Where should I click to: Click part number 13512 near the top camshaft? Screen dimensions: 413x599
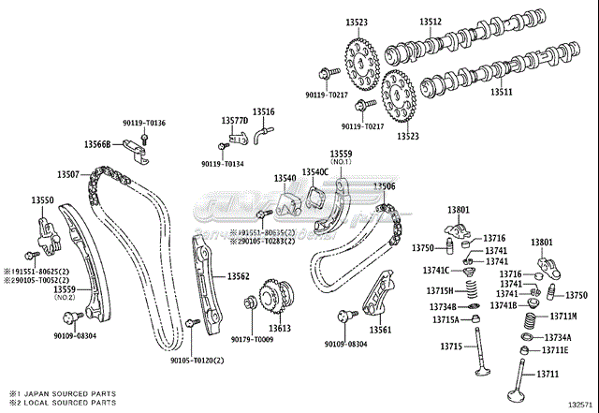(x=431, y=21)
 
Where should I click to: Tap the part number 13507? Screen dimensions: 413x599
(x=67, y=174)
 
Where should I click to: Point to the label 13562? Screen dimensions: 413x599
(x=238, y=277)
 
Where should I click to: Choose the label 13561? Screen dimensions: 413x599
(x=380, y=331)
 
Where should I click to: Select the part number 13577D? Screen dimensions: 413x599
(x=234, y=121)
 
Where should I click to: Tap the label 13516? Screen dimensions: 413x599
(x=264, y=111)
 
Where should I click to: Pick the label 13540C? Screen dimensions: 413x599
(x=314, y=172)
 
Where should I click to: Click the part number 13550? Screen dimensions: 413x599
(x=42, y=200)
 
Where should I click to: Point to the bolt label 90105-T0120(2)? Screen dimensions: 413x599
(x=197, y=360)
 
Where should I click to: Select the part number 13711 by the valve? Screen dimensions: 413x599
(x=547, y=375)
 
